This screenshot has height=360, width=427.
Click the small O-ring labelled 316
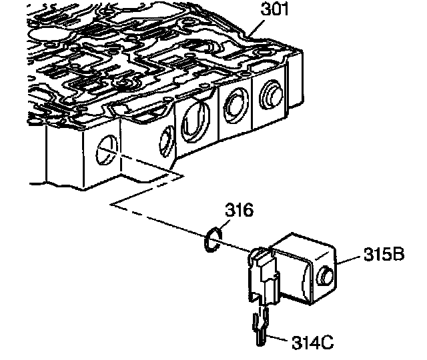point(212,240)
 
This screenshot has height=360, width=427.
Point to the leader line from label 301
point(254,27)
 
